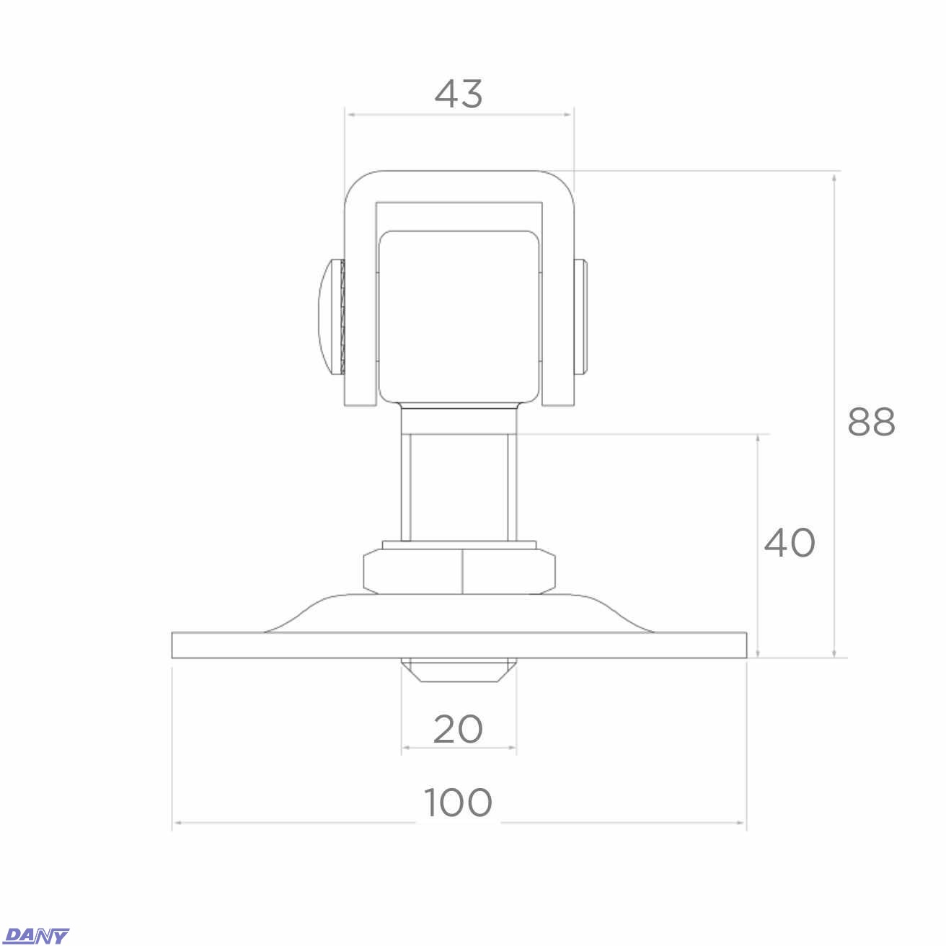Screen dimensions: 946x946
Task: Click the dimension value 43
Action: tap(459, 94)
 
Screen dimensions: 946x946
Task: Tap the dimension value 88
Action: tap(872, 422)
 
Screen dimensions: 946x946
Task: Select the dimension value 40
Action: tap(790, 543)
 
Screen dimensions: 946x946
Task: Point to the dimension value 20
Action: tap(458, 729)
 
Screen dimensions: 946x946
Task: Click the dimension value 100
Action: tap(458, 803)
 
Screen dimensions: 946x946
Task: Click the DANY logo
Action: tap(37, 936)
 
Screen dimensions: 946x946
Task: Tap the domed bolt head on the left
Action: tap(332, 317)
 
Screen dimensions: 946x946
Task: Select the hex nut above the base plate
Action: tap(459, 572)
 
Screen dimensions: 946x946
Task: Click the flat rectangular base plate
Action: tap(459, 645)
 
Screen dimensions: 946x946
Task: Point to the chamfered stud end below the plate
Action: tap(459, 670)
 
